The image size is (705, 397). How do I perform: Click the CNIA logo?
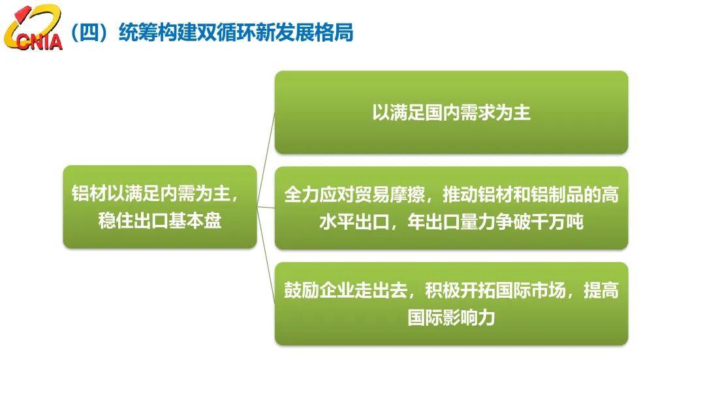click(33, 28)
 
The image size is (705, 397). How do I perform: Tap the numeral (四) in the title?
click(90, 33)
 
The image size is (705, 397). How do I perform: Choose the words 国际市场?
click(531, 291)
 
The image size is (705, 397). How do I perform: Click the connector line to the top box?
click(266, 159)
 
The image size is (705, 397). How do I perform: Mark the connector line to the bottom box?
click(266, 255)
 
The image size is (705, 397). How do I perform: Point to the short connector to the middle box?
click(266, 207)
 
